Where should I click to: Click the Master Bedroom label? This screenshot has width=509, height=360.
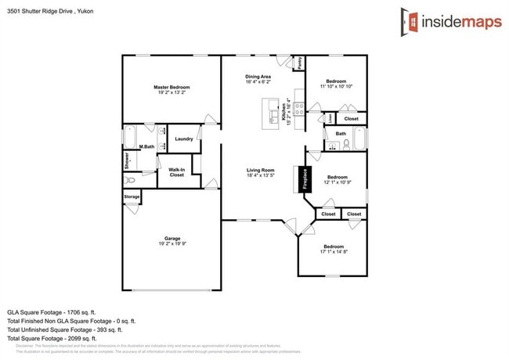(171, 87)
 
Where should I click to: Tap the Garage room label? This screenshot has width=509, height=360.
(172, 238)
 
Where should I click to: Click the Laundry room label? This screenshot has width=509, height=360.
(184, 139)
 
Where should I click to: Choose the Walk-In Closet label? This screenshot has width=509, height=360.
(177, 172)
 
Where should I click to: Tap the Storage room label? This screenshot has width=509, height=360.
(132, 196)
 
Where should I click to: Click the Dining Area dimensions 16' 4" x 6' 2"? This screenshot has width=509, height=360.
(258, 81)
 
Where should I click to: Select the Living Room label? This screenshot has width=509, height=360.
(260, 169)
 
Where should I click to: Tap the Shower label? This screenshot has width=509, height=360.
(127, 160)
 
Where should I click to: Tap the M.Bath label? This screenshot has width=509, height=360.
(146, 146)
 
